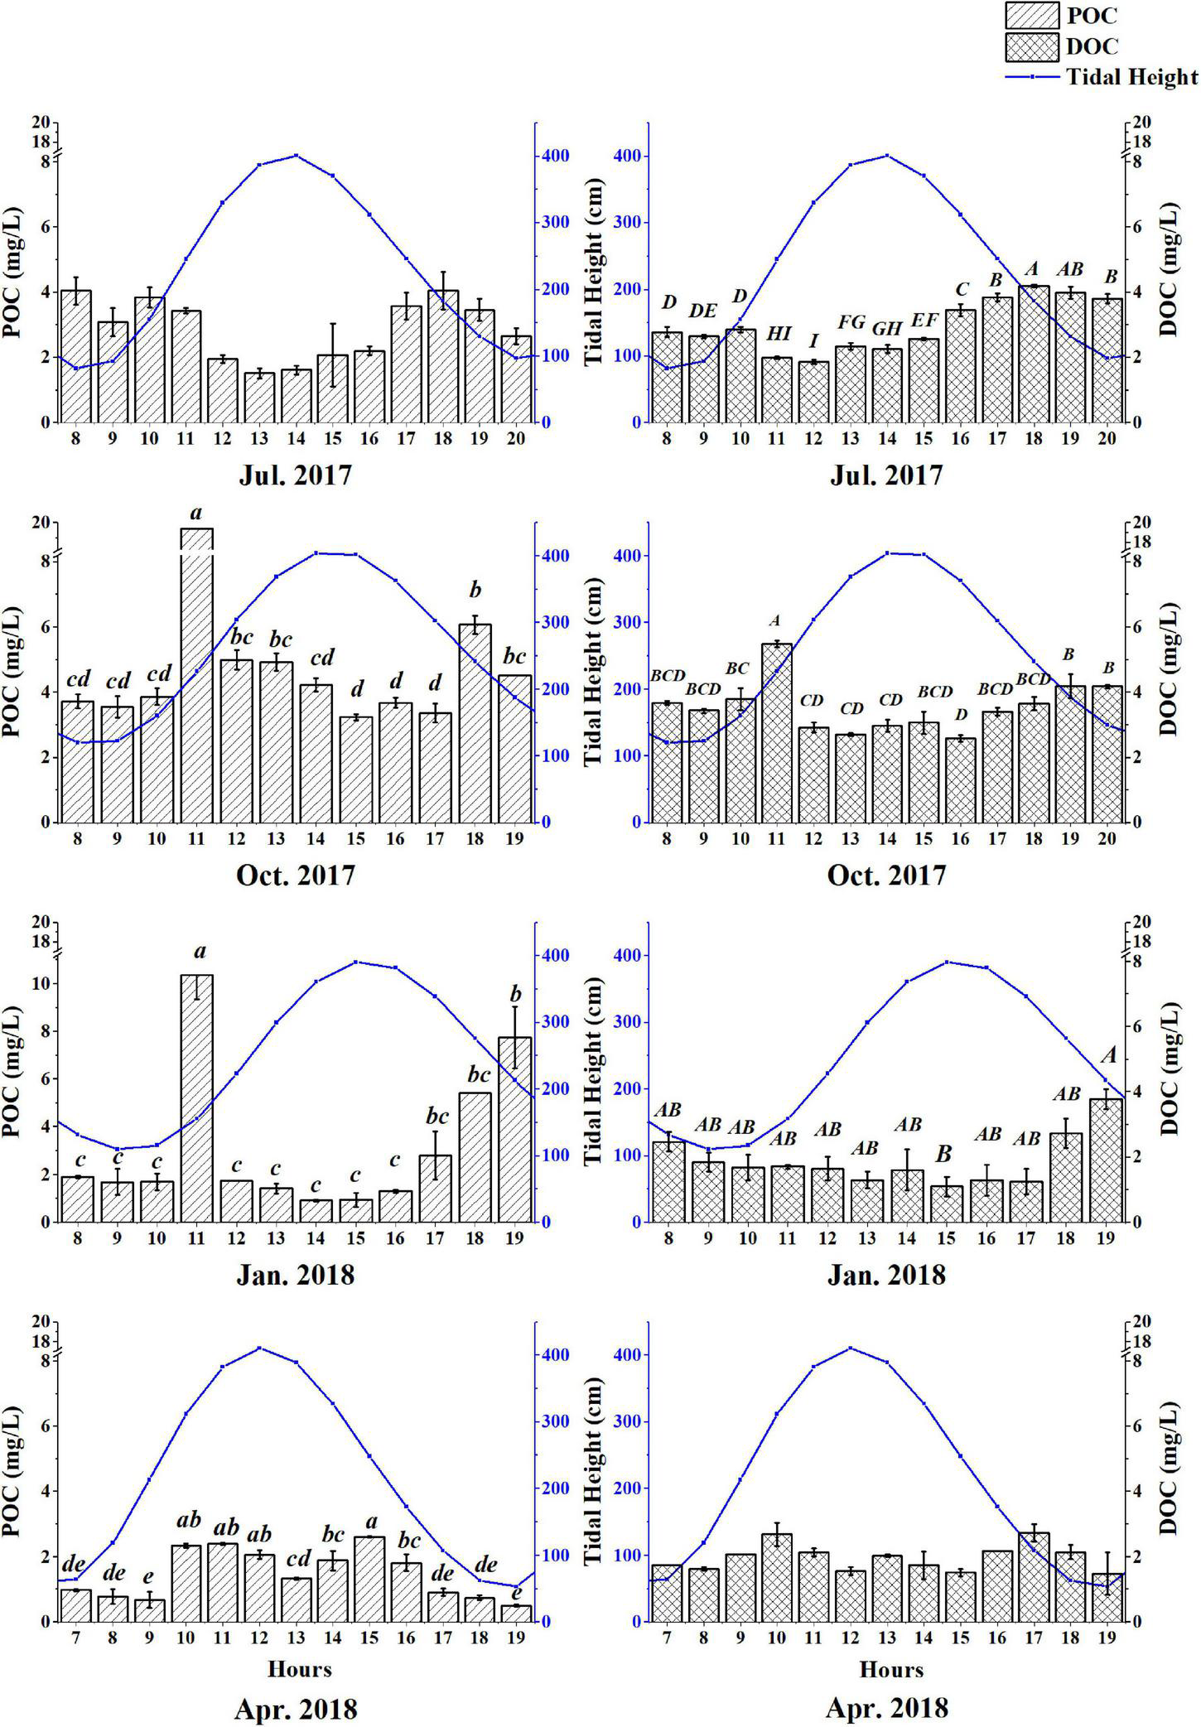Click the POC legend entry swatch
click(x=1032, y=15)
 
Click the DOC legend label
click(x=1092, y=46)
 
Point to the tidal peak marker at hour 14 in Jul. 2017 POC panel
click(x=297, y=156)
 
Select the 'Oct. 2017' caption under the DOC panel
click(x=886, y=876)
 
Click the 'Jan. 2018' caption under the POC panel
click(x=296, y=1274)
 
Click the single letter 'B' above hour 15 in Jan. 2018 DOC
click(x=944, y=1154)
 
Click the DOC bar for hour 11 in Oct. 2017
click(x=777, y=732)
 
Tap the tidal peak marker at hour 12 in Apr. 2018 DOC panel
click(x=851, y=1348)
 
